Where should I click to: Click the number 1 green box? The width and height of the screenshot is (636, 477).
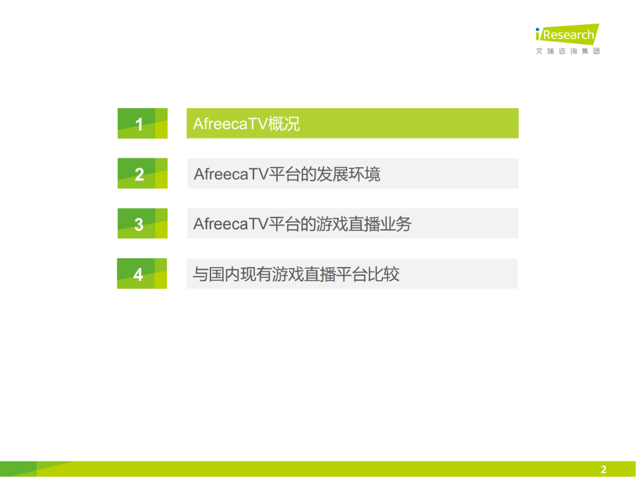point(142,123)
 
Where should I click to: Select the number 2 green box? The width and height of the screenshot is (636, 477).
point(142,173)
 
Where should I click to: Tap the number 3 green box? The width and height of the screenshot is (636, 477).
point(142,224)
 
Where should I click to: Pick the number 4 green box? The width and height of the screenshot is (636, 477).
point(142,274)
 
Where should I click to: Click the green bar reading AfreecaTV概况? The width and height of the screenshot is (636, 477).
point(352,123)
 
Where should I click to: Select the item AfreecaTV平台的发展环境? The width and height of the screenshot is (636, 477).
point(352,173)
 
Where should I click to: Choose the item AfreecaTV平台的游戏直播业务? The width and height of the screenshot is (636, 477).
point(352,224)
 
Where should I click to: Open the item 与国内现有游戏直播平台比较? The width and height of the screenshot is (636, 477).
point(352,274)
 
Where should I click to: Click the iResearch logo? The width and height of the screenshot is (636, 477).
point(566,34)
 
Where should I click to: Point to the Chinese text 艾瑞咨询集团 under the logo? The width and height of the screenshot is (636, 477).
point(568,51)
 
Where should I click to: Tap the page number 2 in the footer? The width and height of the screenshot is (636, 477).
point(603,470)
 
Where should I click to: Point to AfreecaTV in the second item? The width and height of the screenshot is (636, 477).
point(230,174)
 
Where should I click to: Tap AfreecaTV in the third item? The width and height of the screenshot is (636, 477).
point(230,224)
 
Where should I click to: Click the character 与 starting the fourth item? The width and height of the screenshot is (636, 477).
point(200,275)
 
